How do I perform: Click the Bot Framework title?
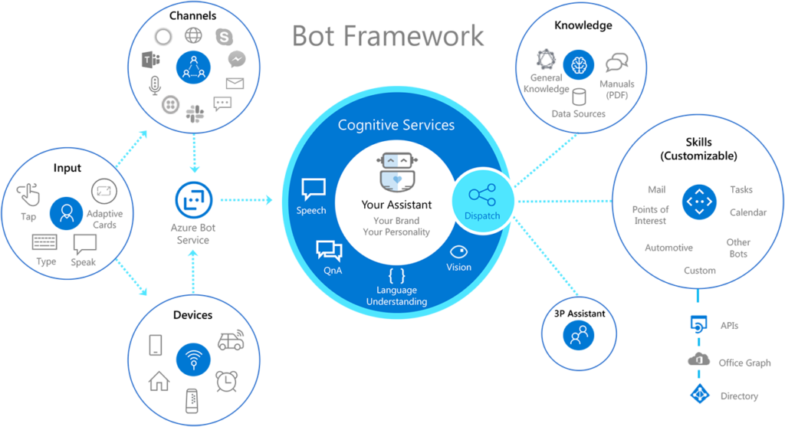click(388, 36)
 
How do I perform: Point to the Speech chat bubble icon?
click(313, 189)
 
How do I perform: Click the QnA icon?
click(328, 251)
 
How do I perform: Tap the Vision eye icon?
click(459, 251)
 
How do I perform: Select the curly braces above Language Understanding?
click(396, 275)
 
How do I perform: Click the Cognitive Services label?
click(396, 125)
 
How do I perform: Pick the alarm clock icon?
click(226, 379)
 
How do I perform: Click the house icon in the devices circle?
click(159, 380)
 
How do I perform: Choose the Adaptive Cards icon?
click(103, 192)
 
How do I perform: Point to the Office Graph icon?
click(698, 361)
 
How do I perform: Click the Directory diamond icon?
click(698, 395)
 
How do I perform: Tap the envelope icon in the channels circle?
click(235, 83)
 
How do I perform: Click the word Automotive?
click(668, 248)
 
